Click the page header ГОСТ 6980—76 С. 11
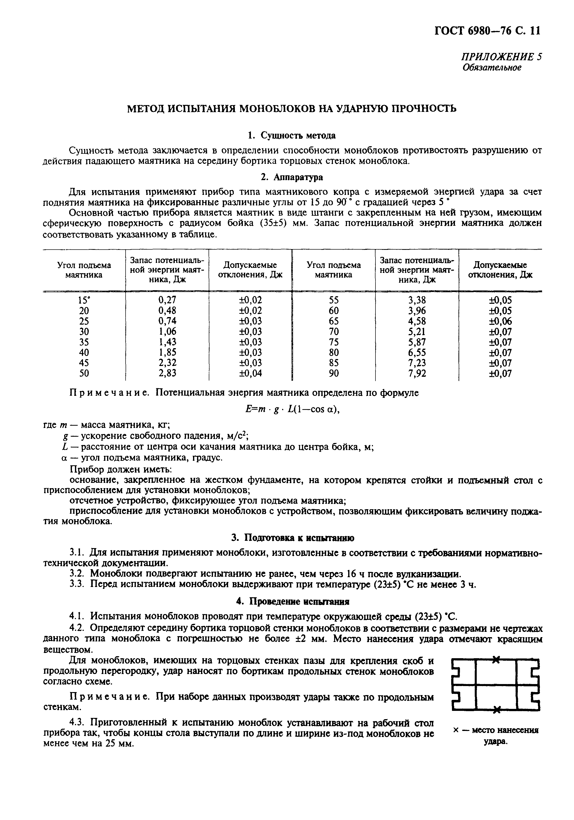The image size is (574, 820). (487, 31)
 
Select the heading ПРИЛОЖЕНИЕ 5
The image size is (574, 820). (502, 57)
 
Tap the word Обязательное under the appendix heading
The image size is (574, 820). (492, 68)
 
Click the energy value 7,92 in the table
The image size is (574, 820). (417, 374)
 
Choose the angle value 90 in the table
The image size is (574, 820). (333, 374)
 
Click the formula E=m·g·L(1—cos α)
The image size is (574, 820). (291, 410)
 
